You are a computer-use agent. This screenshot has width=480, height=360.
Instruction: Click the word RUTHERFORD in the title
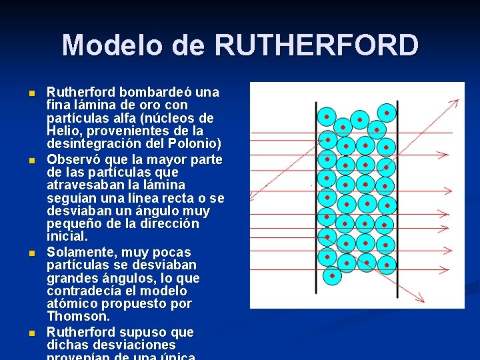point(317,45)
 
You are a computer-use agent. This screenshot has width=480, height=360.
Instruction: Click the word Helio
point(63,131)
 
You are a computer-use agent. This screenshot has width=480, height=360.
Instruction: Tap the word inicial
point(67,236)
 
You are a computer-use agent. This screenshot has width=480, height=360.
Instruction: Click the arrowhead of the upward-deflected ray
point(457,101)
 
